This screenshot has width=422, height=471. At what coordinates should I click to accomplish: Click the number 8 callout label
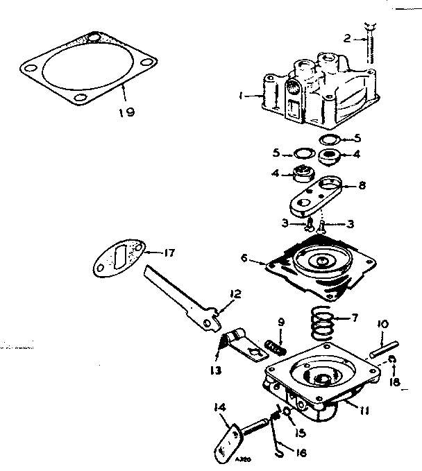click(x=362, y=187)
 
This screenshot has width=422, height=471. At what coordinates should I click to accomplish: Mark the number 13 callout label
click(x=217, y=370)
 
